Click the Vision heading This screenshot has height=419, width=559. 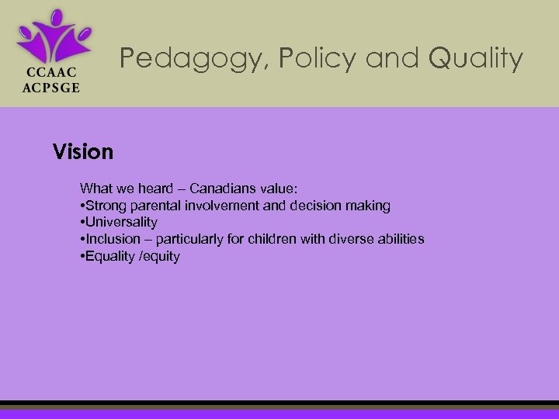click(83, 152)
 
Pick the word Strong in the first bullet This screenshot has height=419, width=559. click(104, 206)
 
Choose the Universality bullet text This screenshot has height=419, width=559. click(121, 222)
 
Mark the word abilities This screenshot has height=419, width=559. click(401, 239)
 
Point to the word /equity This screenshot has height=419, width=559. click(159, 256)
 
